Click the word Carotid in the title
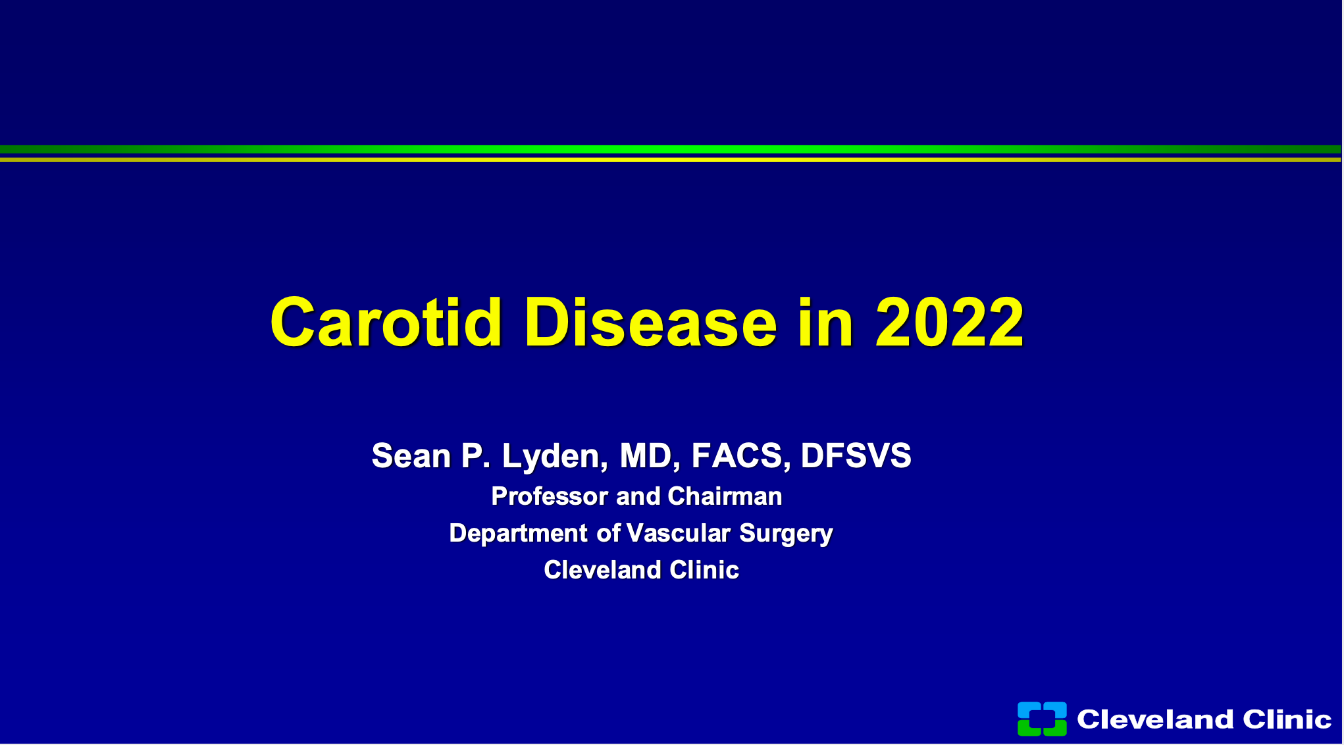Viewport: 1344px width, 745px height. point(387,322)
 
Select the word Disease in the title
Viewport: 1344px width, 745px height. point(651,322)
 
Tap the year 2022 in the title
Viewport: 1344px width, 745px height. point(949,322)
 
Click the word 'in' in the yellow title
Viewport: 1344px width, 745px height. point(826,322)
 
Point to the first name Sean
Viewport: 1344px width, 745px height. point(411,455)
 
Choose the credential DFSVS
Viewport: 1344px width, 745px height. point(856,455)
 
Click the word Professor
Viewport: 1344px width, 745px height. point(549,496)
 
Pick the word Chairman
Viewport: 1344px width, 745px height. point(725,496)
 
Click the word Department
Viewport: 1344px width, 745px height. point(518,533)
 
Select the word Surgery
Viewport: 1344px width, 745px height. point(786,534)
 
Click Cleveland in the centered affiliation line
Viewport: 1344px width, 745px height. point(602,570)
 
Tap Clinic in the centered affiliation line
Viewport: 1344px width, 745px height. point(704,570)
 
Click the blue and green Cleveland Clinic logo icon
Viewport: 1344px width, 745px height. point(1042,719)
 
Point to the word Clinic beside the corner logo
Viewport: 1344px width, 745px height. point(1287,719)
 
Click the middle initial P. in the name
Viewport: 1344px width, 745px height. point(476,455)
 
